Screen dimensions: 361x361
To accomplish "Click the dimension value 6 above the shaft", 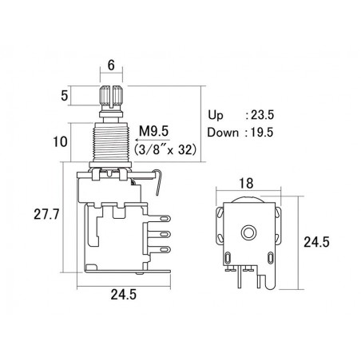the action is pos(111,65).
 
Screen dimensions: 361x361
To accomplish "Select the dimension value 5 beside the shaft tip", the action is pos(64,96).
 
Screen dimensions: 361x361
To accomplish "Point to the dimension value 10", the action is pos(61,141).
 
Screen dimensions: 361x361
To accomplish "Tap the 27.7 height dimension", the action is pos(46,214).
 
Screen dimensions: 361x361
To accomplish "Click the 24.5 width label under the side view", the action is pos(124,295).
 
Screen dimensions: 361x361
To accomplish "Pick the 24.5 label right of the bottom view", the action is pos(316,242).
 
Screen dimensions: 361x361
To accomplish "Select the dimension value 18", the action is pos(246,184).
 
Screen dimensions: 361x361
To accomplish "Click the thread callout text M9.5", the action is pos(154,131).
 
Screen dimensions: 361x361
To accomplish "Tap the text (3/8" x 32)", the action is pos(165,150).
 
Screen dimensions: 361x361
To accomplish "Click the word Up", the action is pos(216,116).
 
